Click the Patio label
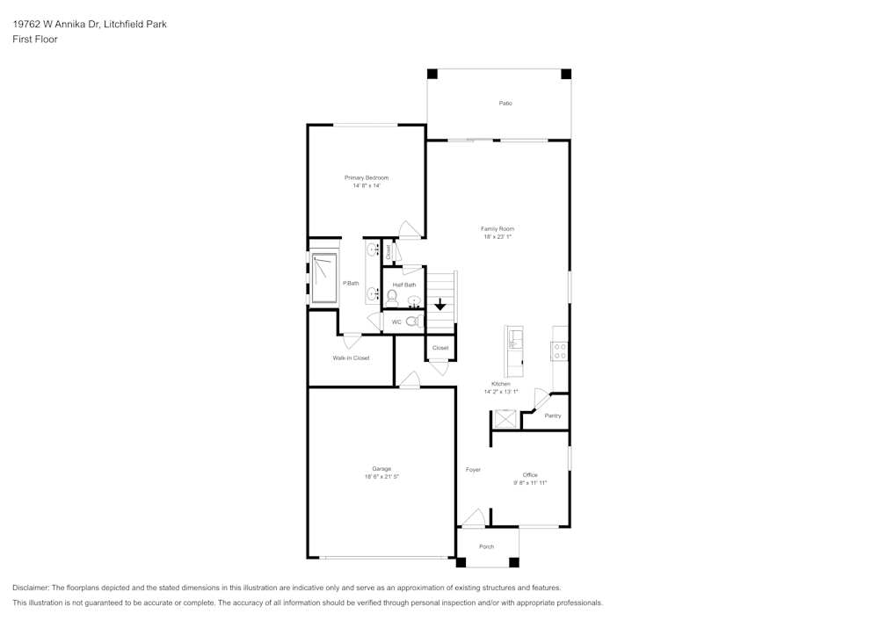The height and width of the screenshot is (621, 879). (505, 104)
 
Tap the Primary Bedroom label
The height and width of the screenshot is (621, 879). (366, 177)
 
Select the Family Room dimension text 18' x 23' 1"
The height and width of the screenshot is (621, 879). (498, 237)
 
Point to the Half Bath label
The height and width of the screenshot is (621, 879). (404, 285)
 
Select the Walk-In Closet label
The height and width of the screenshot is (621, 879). (351, 358)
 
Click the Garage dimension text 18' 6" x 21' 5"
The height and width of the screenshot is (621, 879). (381, 477)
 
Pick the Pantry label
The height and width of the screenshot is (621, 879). (553, 415)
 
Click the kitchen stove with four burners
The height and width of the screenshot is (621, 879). (559, 350)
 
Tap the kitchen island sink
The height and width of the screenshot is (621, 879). (513, 339)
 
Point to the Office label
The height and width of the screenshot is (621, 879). (530, 475)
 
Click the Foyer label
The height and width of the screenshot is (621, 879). (473, 470)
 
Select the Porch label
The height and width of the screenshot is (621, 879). (486, 546)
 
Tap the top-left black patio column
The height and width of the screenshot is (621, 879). (432, 74)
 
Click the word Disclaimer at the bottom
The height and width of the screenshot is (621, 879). (31, 588)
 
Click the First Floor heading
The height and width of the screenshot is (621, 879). (35, 40)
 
